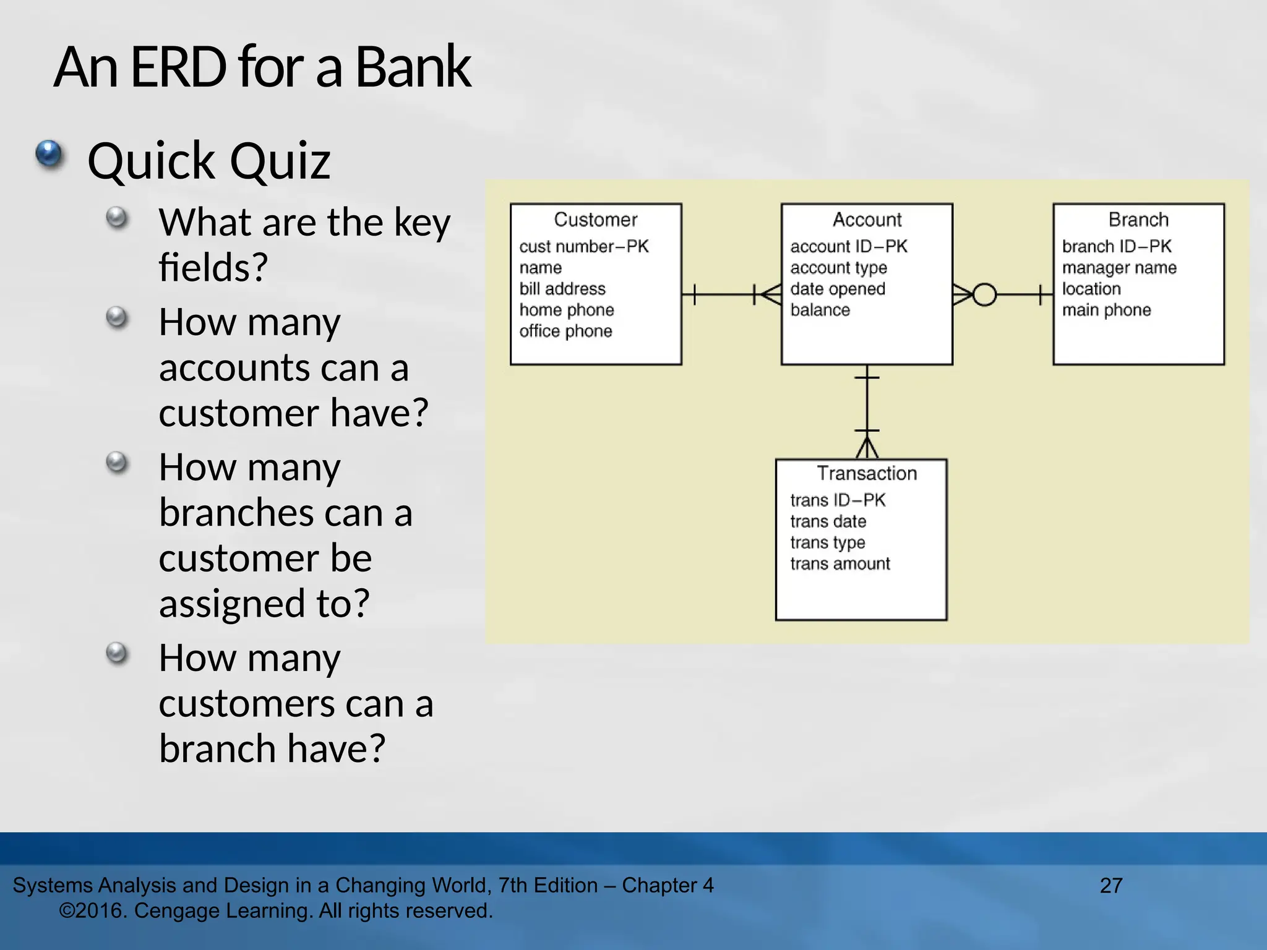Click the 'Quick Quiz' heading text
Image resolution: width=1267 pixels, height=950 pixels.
[x=209, y=161]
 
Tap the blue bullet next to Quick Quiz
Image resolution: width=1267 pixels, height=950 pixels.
[x=49, y=153]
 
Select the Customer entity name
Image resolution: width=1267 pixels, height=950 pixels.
[x=595, y=220]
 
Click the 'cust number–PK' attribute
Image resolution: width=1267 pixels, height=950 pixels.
[x=583, y=246]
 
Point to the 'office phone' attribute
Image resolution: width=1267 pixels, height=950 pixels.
[x=565, y=331]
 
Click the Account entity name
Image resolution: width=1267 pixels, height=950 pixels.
[x=867, y=220]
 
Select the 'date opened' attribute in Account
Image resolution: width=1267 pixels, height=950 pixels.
[x=838, y=289]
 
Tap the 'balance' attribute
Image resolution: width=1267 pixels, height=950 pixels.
[x=820, y=310]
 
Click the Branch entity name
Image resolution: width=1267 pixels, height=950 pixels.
[x=1138, y=220]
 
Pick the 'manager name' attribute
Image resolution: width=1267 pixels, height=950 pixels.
[x=1119, y=268]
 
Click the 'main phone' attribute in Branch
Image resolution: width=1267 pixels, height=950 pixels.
[x=1106, y=310]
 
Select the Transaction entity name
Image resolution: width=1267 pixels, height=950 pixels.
[x=867, y=473]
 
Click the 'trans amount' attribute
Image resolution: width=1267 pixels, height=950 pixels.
[x=840, y=563]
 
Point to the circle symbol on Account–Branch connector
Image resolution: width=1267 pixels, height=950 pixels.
[x=984, y=294]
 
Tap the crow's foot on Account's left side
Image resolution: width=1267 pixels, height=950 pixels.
[x=770, y=294]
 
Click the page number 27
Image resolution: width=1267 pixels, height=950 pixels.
[x=1111, y=885]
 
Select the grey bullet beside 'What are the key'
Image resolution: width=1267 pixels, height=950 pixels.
[x=116, y=218]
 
